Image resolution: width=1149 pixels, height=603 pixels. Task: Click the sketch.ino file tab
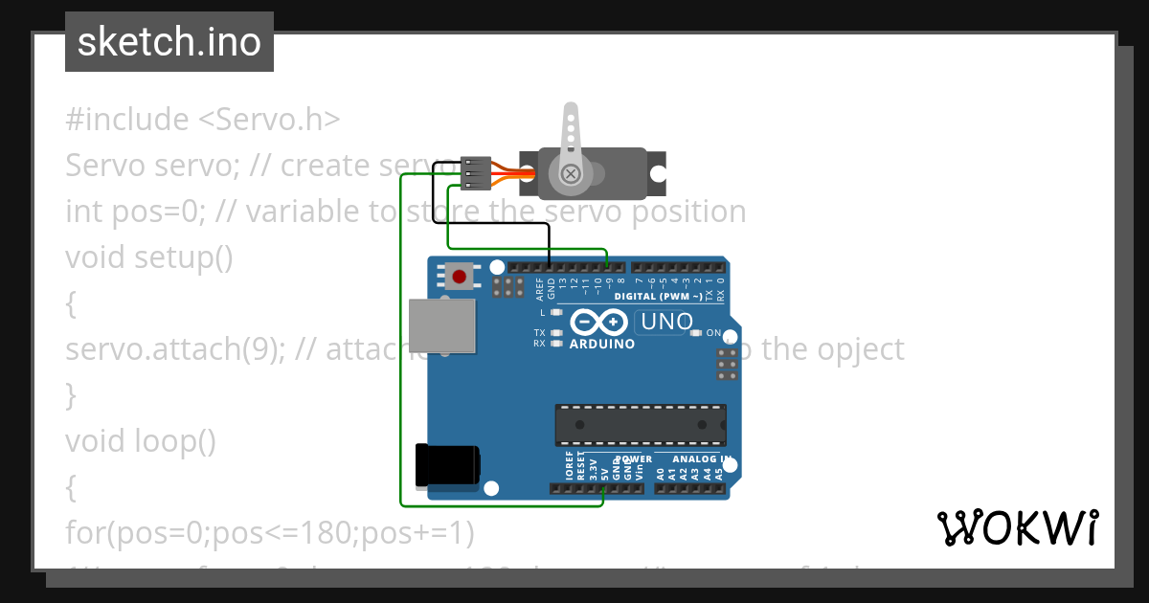(169, 42)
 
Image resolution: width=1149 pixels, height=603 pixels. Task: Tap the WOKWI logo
(1017, 527)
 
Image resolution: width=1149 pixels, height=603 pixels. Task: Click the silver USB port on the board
(441, 323)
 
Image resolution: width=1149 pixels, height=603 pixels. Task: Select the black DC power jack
(446, 465)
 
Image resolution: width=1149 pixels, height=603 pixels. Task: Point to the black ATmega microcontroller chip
(640, 425)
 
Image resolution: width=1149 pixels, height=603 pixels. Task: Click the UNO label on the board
(666, 323)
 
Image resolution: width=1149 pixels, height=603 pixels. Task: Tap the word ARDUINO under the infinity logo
(601, 345)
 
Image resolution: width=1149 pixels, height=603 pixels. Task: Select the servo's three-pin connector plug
(476, 173)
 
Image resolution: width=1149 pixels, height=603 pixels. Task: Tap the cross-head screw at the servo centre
(571, 174)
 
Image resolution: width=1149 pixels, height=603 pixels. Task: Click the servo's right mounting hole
(659, 173)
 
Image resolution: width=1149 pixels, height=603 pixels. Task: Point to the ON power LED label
(713, 333)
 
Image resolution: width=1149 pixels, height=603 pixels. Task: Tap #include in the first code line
(127, 120)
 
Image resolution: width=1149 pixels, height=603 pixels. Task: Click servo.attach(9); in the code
(174, 349)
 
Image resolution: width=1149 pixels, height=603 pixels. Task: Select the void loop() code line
(141, 441)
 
